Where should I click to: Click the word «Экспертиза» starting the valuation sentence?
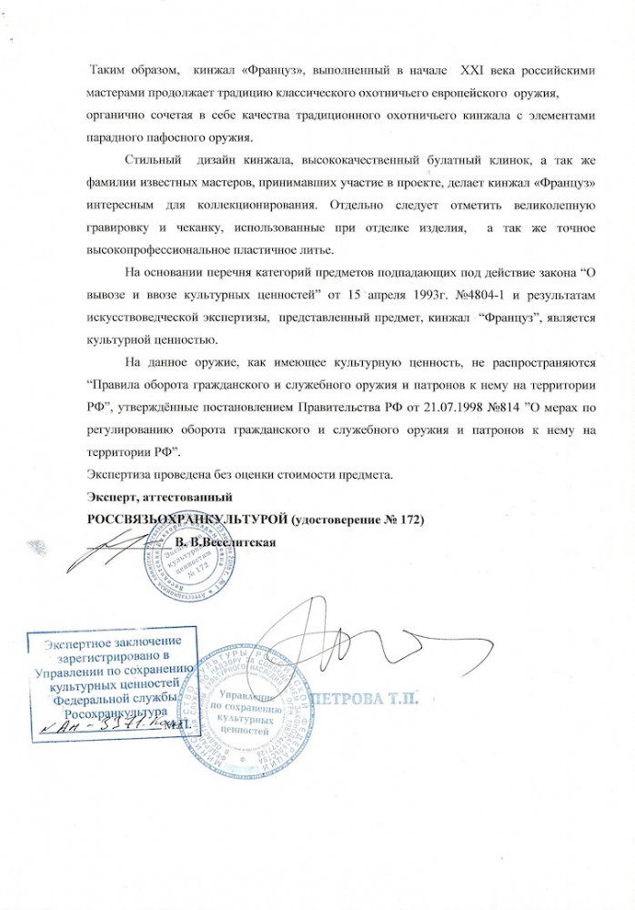point(119,474)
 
